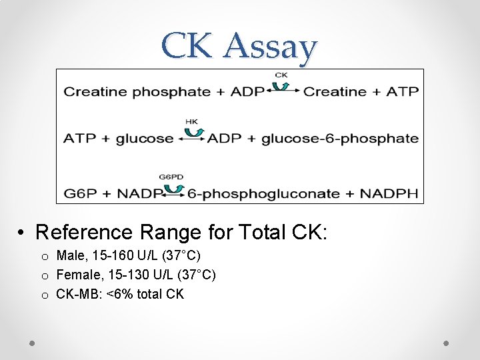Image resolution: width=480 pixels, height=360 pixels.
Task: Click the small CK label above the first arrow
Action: (281, 75)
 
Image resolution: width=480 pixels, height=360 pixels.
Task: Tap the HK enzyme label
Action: (191, 121)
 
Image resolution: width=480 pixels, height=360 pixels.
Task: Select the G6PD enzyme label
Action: (171, 177)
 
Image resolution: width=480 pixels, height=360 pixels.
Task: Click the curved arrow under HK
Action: (193, 132)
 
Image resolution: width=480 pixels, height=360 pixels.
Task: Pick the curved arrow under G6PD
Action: (173, 188)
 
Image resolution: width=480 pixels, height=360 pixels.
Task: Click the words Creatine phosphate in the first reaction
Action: (137, 92)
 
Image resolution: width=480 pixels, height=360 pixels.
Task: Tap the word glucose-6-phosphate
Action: (340, 139)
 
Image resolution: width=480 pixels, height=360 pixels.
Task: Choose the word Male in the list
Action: (71, 255)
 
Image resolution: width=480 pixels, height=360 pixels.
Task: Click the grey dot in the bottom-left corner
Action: (32, 343)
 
